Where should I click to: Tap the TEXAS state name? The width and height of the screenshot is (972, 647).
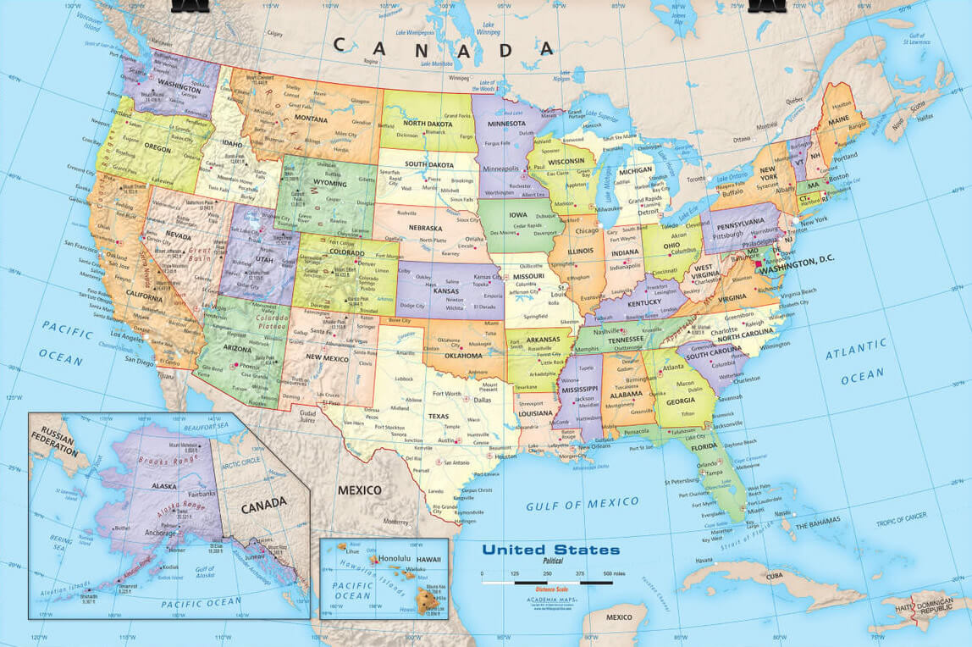tap(438, 416)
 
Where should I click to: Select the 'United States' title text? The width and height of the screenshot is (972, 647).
tap(550, 550)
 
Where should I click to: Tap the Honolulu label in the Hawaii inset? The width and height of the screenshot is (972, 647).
tap(394, 558)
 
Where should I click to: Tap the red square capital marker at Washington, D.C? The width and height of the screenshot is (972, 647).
tap(759, 263)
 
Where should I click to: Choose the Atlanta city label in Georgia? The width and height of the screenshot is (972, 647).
tap(673, 367)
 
